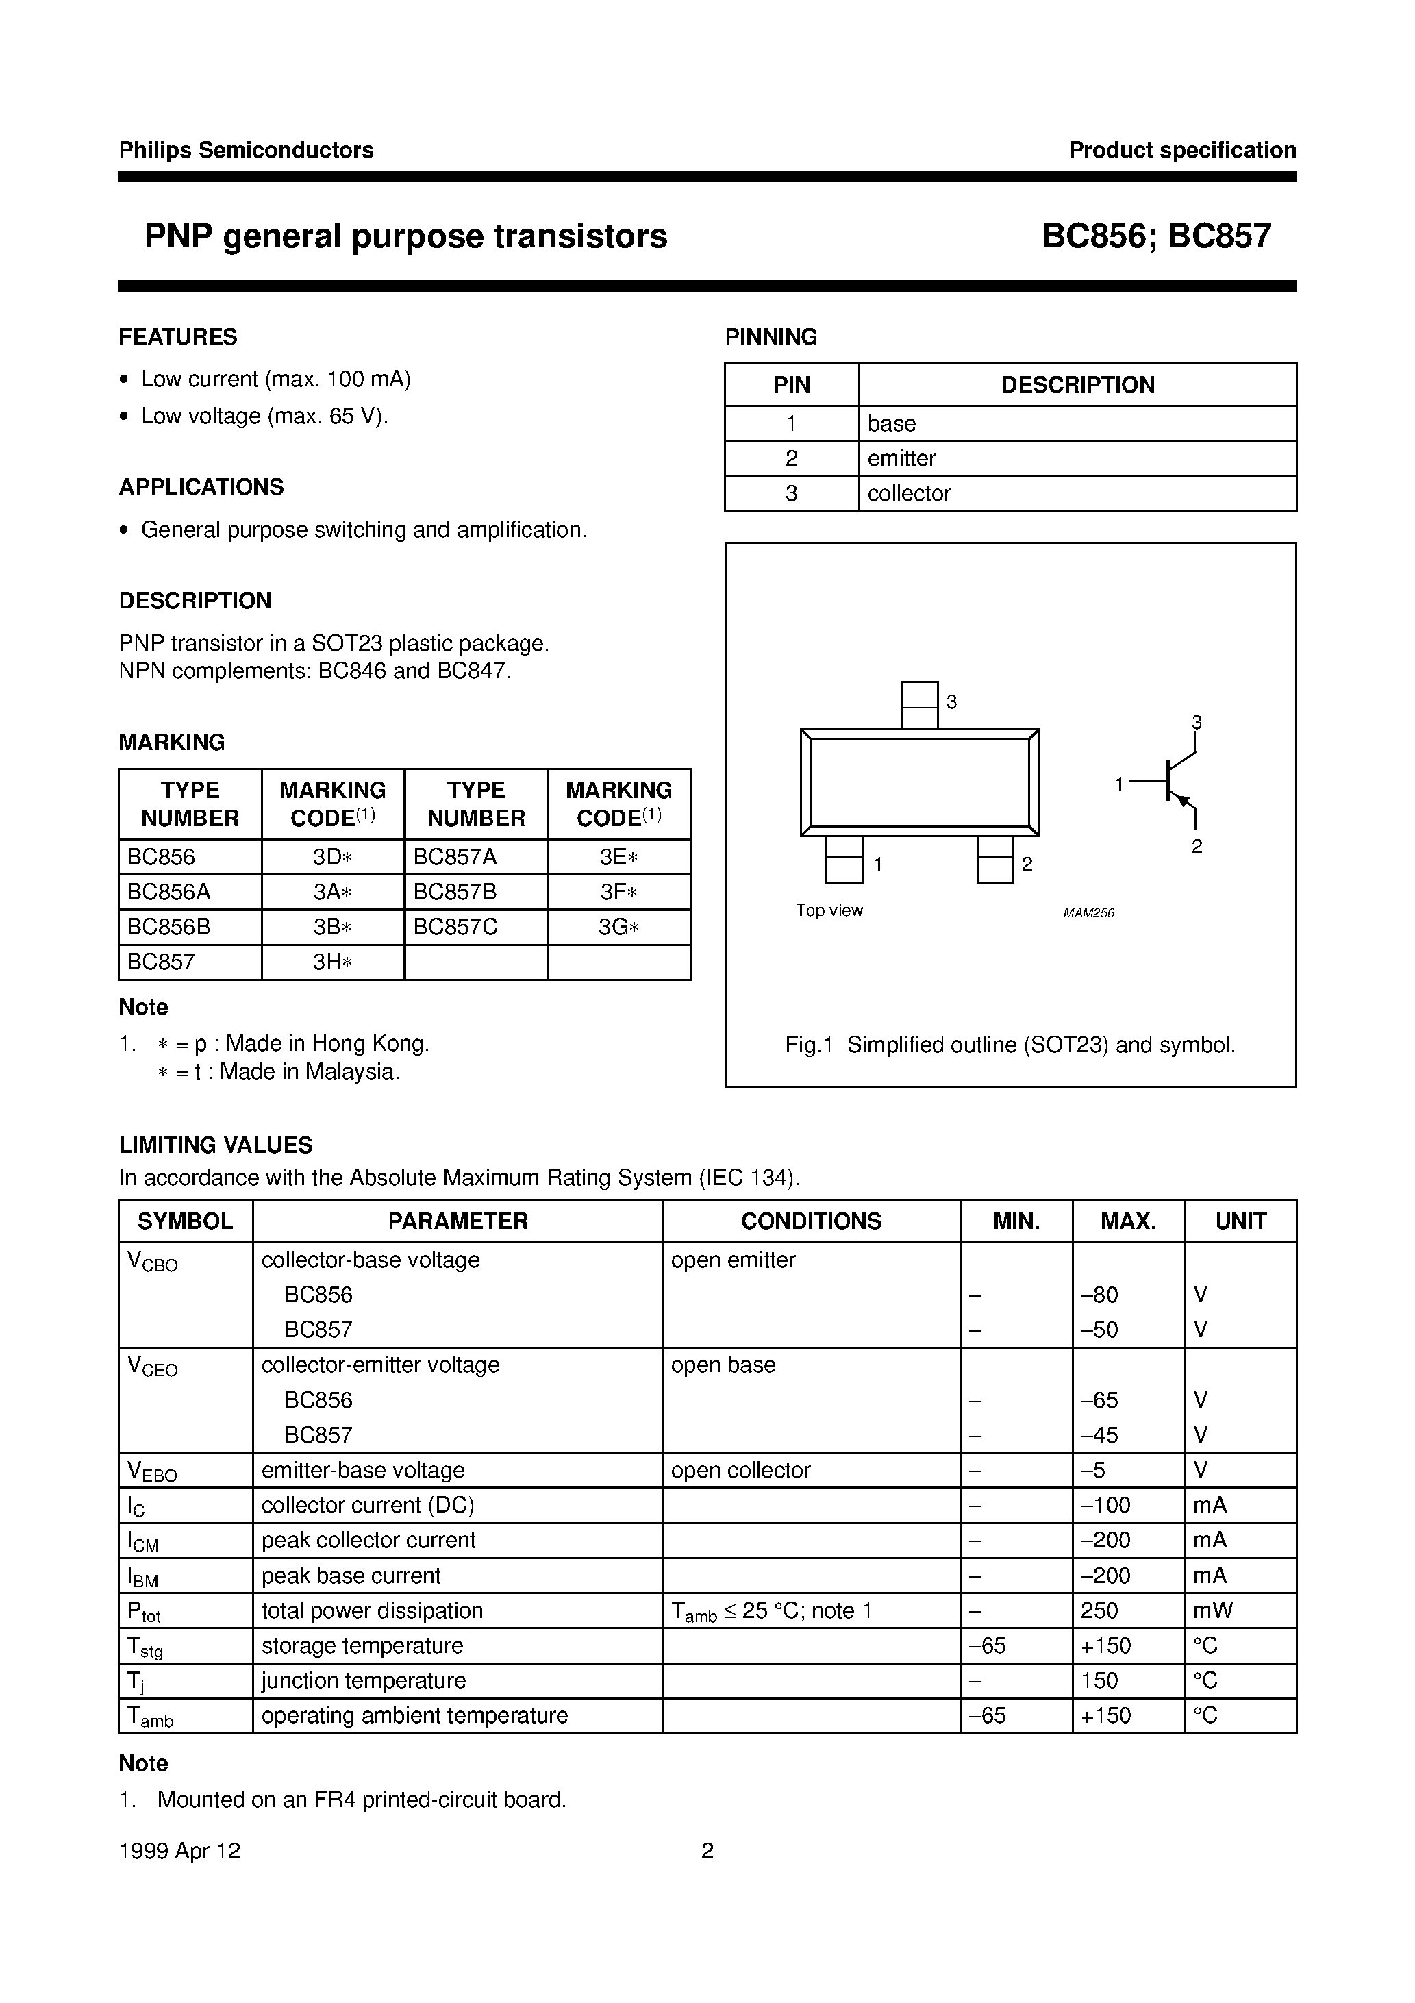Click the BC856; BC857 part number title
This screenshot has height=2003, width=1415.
point(1156,236)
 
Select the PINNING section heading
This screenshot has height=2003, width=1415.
point(771,337)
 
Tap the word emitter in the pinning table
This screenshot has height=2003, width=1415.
point(901,458)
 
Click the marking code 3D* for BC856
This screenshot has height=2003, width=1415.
point(332,857)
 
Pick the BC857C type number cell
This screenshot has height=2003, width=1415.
point(455,926)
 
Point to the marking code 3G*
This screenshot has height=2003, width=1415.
point(618,926)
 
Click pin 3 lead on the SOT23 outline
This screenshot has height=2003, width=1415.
point(920,705)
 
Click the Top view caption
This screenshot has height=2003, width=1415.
point(829,910)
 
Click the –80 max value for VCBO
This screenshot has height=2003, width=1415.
point(1099,1295)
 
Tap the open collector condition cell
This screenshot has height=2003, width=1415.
point(740,1470)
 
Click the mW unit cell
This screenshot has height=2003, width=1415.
point(1212,1610)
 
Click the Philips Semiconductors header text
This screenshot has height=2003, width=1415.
point(246,150)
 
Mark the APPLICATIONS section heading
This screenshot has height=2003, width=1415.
point(201,487)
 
